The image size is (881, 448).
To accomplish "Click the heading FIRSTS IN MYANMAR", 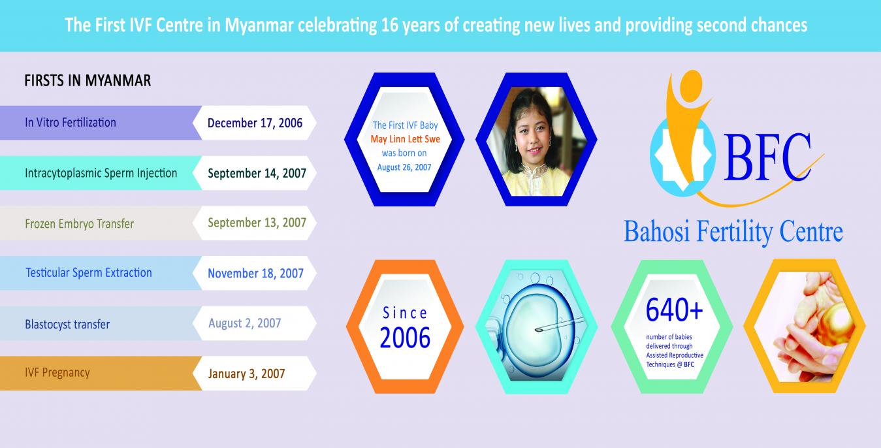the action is click(88, 80).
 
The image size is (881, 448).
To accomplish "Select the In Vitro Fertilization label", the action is click(71, 122).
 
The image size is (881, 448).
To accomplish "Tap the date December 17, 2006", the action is click(255, 123).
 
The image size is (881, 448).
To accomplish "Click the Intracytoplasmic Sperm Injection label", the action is click(101, 173).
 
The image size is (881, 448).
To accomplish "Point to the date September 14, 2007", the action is click(257, 173).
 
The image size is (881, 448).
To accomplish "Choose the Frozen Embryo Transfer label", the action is click(80, 223).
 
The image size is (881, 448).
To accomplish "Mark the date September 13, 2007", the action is click(257, 223).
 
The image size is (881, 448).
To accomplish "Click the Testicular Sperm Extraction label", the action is click(89, 272).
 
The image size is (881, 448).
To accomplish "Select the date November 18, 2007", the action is click(255, 273).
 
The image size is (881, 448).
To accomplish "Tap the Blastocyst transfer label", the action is click(67, 324).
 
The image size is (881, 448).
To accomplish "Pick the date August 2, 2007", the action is click(245, 323).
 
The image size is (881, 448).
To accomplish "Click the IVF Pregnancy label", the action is click(57, 372).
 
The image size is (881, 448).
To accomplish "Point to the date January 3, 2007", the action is click(247, 374).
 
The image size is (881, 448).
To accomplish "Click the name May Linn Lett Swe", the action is click(405, 139).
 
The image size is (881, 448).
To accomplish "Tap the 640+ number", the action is click(674, 310).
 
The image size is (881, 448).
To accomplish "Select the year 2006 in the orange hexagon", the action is click(405, 338).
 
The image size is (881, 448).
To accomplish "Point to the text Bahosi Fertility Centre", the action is click(733, 232).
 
